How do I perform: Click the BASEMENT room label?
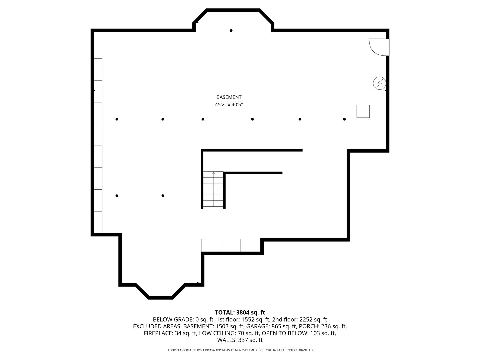pos(229,97)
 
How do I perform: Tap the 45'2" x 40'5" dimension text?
pos(229,104)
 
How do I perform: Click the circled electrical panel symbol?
pos(379,83)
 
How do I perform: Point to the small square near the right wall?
pos(363,111)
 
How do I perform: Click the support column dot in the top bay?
pos(231,30)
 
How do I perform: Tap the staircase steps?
pos(213,189)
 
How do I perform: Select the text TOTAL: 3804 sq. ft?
pos(240,312)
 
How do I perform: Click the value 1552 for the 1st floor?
pos(248,319)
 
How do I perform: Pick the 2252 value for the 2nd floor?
pos(306,319)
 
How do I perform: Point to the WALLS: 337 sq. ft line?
pos(240,340)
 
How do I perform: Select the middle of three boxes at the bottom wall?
pos(231,245)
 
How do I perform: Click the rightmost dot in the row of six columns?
pos(344,119)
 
